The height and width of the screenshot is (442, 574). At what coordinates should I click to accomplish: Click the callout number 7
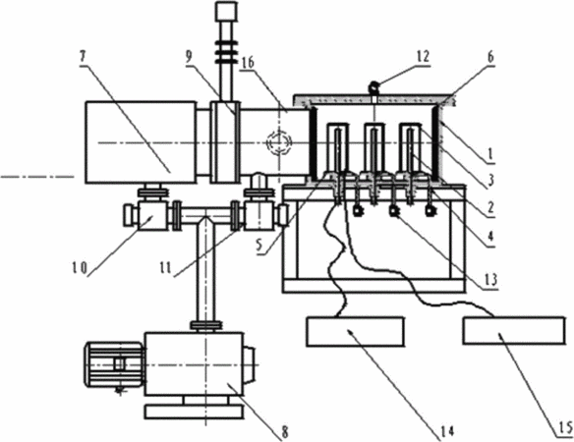(x=84, y=57)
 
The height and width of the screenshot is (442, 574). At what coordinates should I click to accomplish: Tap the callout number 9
(x=189, y=58)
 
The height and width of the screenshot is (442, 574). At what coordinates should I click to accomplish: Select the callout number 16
(x=248, y=63)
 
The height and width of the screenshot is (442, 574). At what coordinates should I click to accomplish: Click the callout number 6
(x=490, y=57)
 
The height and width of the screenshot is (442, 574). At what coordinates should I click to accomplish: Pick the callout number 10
(x=80, y=268)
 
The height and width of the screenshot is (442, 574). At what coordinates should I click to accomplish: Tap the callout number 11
(x=165, y=268)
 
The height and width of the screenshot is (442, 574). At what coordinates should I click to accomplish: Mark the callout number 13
(x=490, y=280)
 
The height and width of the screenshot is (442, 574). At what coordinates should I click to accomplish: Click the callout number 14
(x=446, y=431)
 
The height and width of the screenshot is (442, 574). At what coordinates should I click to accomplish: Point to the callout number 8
(x=285, y=432)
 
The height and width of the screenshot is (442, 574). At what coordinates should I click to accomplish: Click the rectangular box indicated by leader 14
(x=355, y=332)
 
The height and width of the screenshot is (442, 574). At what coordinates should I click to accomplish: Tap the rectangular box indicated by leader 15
(x=513, y=331)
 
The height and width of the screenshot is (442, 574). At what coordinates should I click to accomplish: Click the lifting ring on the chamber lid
(x=373, y=87)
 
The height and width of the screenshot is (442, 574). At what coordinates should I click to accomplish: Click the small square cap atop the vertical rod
(x=226, y=11)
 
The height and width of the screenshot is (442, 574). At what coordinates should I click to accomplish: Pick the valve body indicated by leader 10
(x=152, y=216)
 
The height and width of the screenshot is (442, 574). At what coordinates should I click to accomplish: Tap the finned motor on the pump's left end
(x=115, y=365)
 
